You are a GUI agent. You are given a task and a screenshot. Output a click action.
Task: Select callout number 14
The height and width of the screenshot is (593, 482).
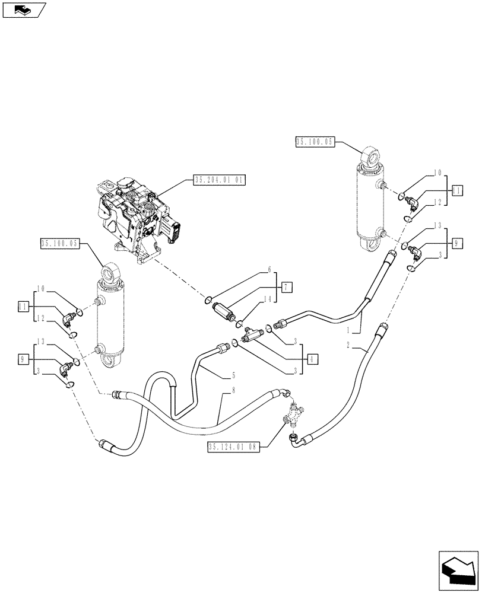pyautogui.click(x=268, y=300)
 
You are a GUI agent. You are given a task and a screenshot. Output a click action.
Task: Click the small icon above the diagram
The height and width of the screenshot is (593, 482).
pyautogui.click(x=24, y=9)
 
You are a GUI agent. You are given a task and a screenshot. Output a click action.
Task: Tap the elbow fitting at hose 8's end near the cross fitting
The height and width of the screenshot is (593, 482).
pyautogui.click(x=286, y=391)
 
